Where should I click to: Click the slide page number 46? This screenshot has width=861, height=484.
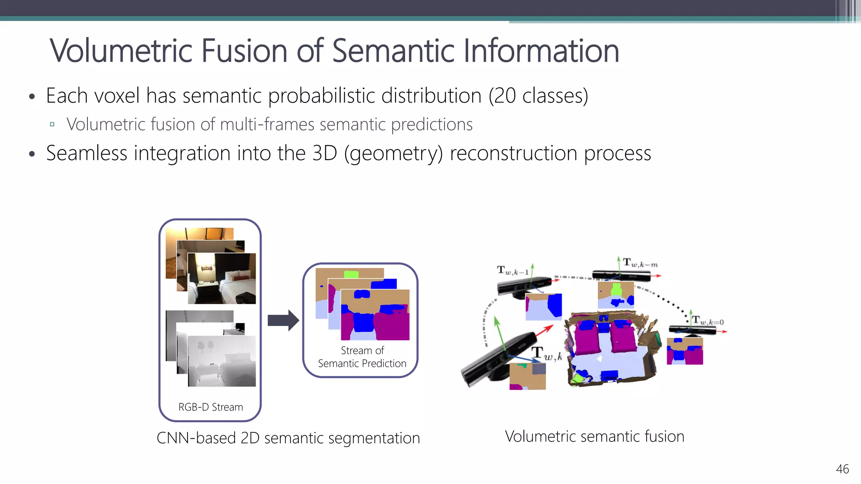[x=842, y=469]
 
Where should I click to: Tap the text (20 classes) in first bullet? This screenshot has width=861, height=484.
[x=538, y=96]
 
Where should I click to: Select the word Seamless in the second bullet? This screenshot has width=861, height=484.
[x=86, y=153]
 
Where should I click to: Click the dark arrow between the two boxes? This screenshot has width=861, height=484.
[x=283, y=321]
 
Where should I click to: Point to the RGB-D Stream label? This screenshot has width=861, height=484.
[x=211, y=407]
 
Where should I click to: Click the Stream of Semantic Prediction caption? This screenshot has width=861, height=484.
[x=362, y=357]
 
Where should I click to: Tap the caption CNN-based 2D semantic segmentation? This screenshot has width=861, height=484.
[x=288, y=438]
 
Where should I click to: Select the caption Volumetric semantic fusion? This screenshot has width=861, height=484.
[x=594, y=437]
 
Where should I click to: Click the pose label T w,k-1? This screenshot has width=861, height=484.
[x=512, y=270]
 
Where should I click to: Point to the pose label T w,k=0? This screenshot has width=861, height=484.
[x=708, y=321]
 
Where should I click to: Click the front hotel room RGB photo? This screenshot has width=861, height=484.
[x=222, y=279]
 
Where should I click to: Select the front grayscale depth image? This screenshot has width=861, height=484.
[x=222, y=361]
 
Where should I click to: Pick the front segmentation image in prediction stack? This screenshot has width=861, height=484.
[x=375, y=315]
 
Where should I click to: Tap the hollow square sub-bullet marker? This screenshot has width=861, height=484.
[x=52, y=124]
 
